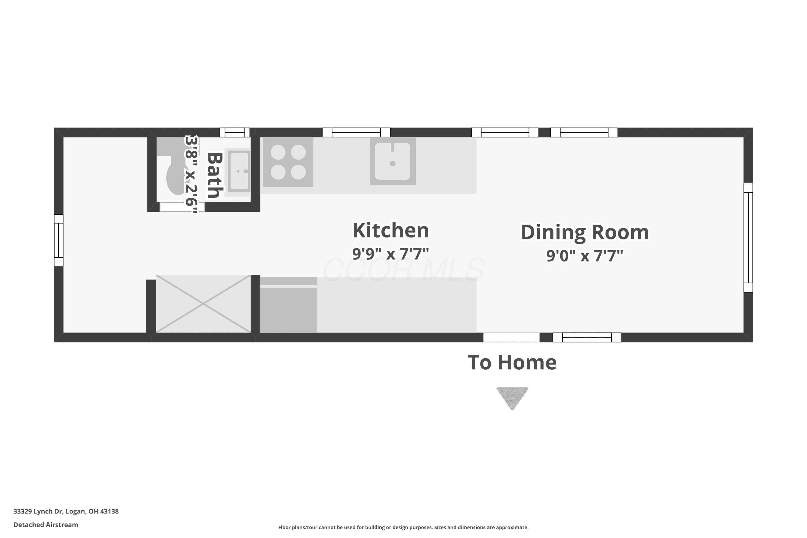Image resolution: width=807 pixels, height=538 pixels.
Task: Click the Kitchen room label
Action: (391, 230)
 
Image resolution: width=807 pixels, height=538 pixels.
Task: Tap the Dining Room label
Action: (585, 232)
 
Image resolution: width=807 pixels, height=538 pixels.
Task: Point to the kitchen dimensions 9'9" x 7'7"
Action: (391, 254)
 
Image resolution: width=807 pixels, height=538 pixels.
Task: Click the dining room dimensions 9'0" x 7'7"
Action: (585, 256)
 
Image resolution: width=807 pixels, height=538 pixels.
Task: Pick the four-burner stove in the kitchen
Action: (288, 162)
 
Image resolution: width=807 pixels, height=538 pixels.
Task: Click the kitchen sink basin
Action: (392, 161)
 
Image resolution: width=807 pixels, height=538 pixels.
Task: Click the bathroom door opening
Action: (182, 207)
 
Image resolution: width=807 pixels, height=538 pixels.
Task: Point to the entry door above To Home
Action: (512, 337)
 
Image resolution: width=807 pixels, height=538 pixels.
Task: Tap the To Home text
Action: (512, 362)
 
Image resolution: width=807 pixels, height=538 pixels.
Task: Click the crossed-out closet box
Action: (203, 304)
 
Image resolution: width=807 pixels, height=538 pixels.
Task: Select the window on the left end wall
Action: (59, 240)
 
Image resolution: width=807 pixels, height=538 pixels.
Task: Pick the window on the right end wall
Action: (748, 238)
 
